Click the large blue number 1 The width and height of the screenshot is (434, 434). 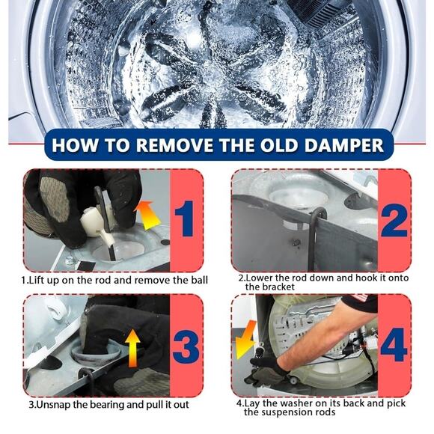[185, 218]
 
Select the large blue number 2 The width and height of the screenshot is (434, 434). [394, 221]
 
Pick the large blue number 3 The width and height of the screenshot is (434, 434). [186, 346]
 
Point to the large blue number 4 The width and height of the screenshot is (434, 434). [394, 345]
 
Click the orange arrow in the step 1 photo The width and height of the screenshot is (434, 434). [147, 215]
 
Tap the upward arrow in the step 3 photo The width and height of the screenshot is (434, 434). [132, 348]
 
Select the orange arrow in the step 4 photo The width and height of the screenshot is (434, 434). [245, 340]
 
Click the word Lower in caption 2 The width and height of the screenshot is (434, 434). [260, 278]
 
